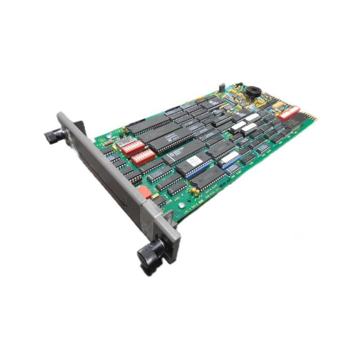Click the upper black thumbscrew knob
[x=55, y=134]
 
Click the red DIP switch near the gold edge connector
[x=288, y=112]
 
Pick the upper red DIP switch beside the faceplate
[x=133, y=147]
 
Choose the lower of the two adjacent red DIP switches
[x=143, y=157]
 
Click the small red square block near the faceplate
[x=144, y=192]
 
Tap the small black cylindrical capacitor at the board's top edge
[x=221, y=86]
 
